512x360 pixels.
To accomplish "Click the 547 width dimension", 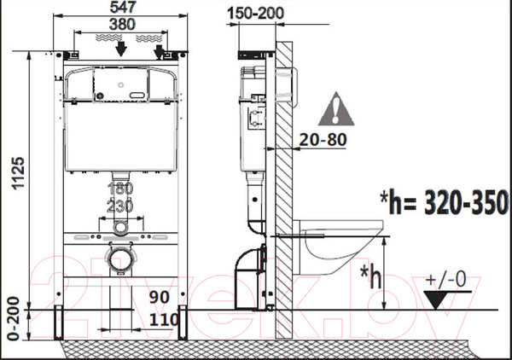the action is coord(123,7).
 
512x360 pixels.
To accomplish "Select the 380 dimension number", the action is coord(122,24).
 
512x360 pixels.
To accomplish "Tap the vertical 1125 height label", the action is coord(18,173).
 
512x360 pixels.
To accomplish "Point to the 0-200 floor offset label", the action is coord(14,319).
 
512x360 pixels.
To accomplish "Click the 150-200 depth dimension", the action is coord(256,14).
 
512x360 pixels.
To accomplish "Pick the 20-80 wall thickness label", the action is coord(323,140).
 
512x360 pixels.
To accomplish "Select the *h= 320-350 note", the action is coord(445,202).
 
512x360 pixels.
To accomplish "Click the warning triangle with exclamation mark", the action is coord(336,109).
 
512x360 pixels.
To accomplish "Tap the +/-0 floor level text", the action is coord(446,280).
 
